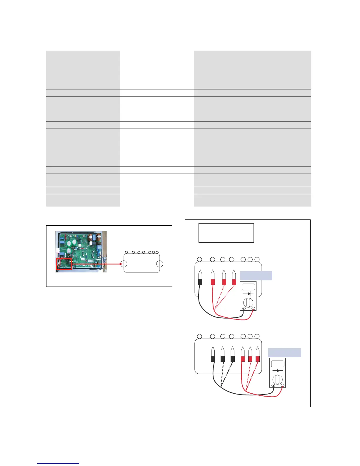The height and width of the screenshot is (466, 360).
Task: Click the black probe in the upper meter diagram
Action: click(x=200, y=278)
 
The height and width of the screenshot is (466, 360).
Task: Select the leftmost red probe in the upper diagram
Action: click(x=213, y=278)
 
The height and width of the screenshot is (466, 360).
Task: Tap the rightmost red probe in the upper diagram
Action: click(x=234, y=278)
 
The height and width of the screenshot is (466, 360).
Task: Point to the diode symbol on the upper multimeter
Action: click(x=248, y=294)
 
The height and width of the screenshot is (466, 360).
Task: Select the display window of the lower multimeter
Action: click(x=278, y=363)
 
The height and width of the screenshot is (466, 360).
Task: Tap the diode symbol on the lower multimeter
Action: click(x=278, y=371)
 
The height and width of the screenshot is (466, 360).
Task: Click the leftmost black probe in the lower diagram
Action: click(x=213, y=355)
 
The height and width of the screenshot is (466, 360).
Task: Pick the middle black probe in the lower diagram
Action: click(x=223, y=355)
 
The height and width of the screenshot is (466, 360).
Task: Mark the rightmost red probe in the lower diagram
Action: click(x=258, y=355)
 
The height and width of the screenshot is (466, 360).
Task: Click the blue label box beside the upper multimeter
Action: click(x=256, y=276)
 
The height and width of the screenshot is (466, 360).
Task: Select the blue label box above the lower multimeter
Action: click(x=284, y=352)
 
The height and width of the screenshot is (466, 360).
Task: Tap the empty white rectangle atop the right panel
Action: click(x=226, y=233)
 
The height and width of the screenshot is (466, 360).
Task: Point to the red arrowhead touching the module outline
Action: click(x=121, y=264)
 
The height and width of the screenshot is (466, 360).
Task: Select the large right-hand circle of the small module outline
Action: click(x=160, y=264)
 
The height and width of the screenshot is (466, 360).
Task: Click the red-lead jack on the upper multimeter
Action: click(x=254, y=308)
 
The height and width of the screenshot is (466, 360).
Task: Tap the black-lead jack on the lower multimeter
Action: click(x=274, y=386)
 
